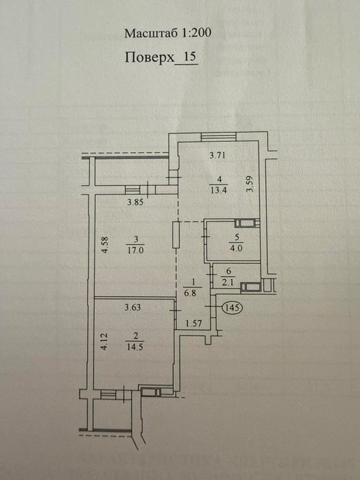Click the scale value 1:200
tap(196, 33)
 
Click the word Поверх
tap(149, 57)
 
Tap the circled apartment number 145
tap(232, 307)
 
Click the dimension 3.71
tap(217, 156)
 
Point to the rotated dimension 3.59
tap(251, 183)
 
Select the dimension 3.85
tap(135, 202)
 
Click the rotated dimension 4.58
tap(105, 245)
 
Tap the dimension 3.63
tap(132, 307)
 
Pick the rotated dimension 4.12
tap(104, 342)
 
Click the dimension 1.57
tap(193, 324)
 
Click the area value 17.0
tap(135, 251)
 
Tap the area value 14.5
tap(134, 348)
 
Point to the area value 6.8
tap(192, 293)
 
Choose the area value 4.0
tap(236, 248)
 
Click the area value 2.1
tap(228, 283)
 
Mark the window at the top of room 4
tap(219, 136)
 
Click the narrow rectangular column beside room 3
tap(176, 235)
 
